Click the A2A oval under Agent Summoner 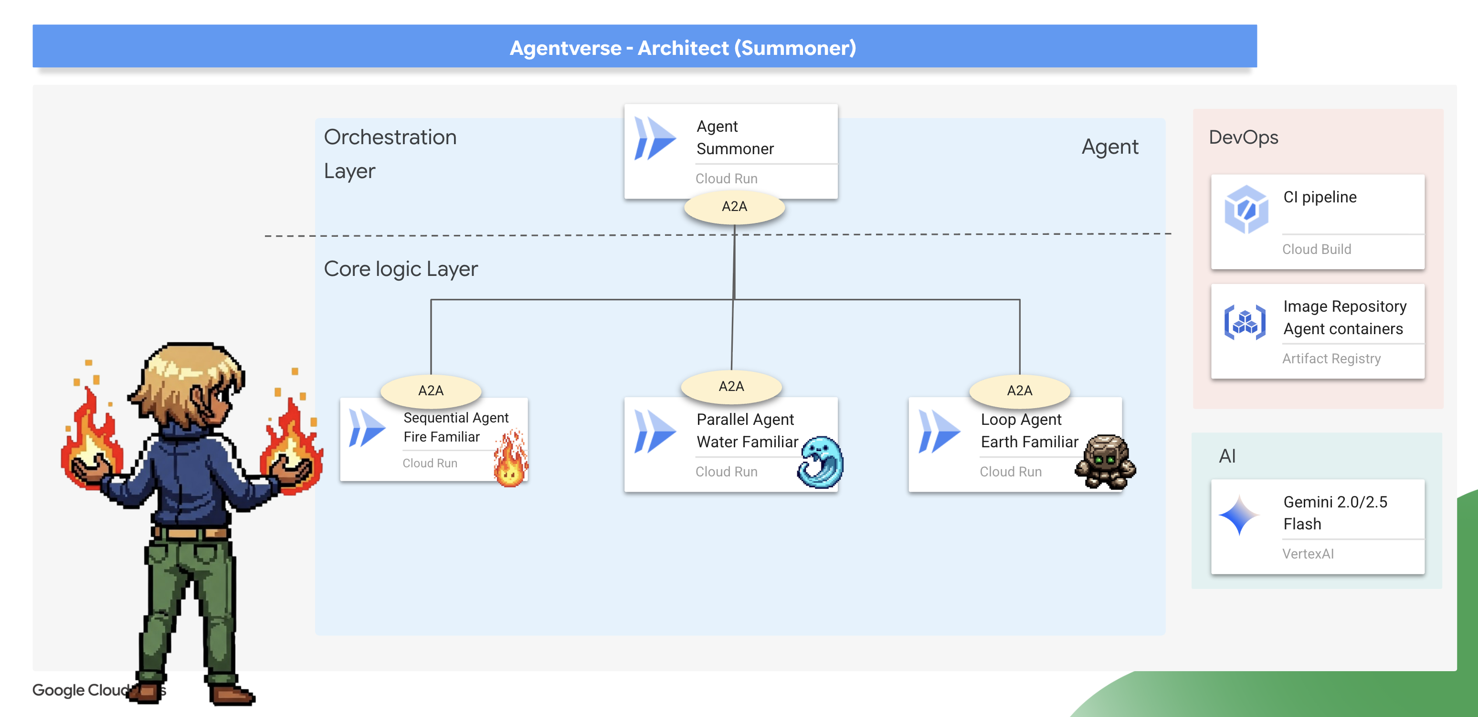point(734,207)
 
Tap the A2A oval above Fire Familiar point(431,390)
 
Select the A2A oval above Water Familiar point(731,387)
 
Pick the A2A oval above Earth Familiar point(1019,390)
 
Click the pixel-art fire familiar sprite point(510,459)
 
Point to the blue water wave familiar point(821,462)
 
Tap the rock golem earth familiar point(1105,461)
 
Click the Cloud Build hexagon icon point(1246,210)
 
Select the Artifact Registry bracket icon point(1245,322)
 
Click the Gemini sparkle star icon point(1239,515)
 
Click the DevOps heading point(1243,137)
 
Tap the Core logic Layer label point(401,269)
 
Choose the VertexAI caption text point(1308,554)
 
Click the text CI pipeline point(1320,197)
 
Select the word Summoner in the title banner point(795,48)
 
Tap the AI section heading point(1227,456)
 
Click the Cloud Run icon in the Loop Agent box point(939,432)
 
